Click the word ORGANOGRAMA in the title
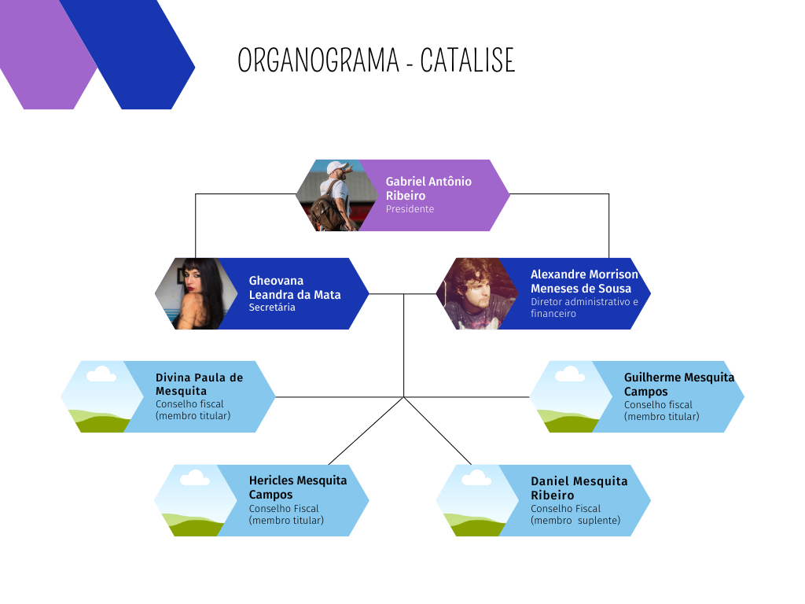click(318, 61)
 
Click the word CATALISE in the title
click(468, 61)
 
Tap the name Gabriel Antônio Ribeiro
click(428, 188)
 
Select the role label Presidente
click(410, 209)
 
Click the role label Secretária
click(272, 308)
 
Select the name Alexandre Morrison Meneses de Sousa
click(584, 281)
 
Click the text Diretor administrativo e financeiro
click(584, 308)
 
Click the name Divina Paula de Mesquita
click(199, 384)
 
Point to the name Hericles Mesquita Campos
click(298, 487)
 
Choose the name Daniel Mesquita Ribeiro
click(579, 488)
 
